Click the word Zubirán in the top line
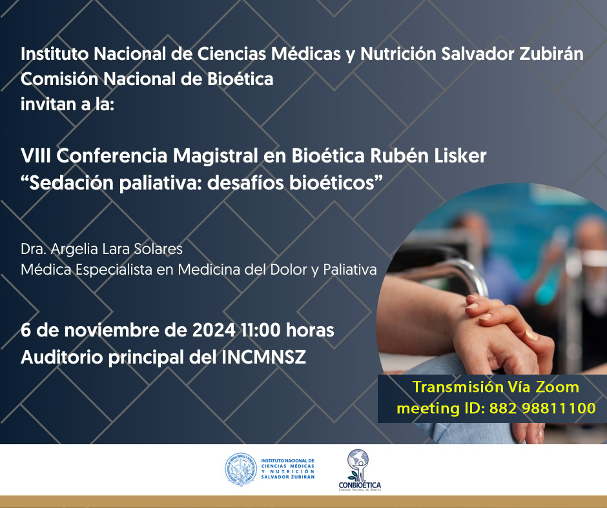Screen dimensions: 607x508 pos(551,54)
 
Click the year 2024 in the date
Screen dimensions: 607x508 pos(214,330)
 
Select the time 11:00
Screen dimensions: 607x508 pos(260,330)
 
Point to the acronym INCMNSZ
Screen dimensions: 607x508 pos(263,357)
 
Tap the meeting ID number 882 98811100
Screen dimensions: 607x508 pos(542,408)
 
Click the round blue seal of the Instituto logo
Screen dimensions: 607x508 pos(241,469)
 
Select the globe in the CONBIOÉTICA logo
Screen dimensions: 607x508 pos(358,459)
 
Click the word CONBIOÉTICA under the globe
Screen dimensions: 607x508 pos(360,485)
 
